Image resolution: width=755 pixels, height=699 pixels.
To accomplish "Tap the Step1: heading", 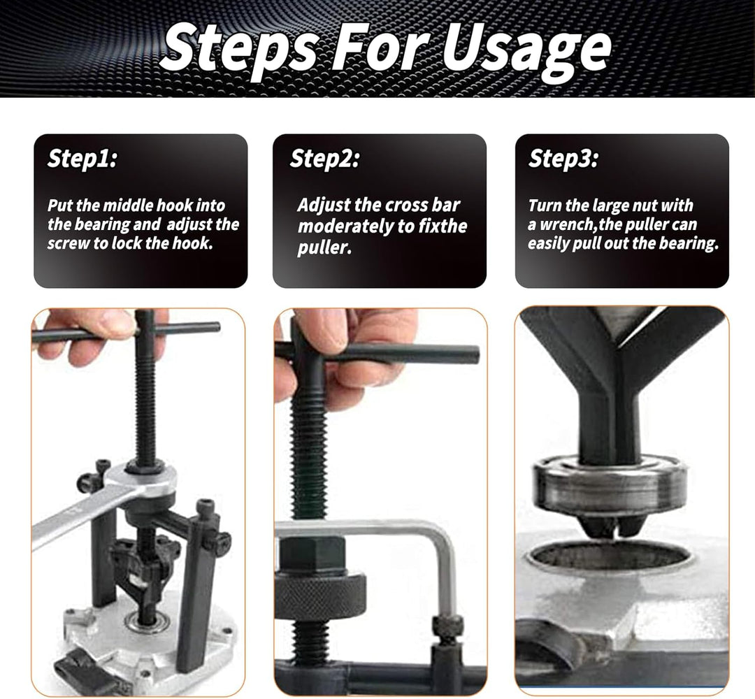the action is (82, 159).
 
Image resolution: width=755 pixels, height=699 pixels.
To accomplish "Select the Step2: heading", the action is (324, 159).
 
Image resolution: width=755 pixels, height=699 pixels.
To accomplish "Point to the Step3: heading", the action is (563, 159).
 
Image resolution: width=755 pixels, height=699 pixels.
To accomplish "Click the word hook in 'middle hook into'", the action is (175, 206).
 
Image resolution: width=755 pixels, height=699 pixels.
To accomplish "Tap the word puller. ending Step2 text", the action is (324, 248).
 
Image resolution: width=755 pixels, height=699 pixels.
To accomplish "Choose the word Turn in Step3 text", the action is (545, 206).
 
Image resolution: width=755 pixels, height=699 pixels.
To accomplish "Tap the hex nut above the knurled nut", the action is (312, 556).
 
